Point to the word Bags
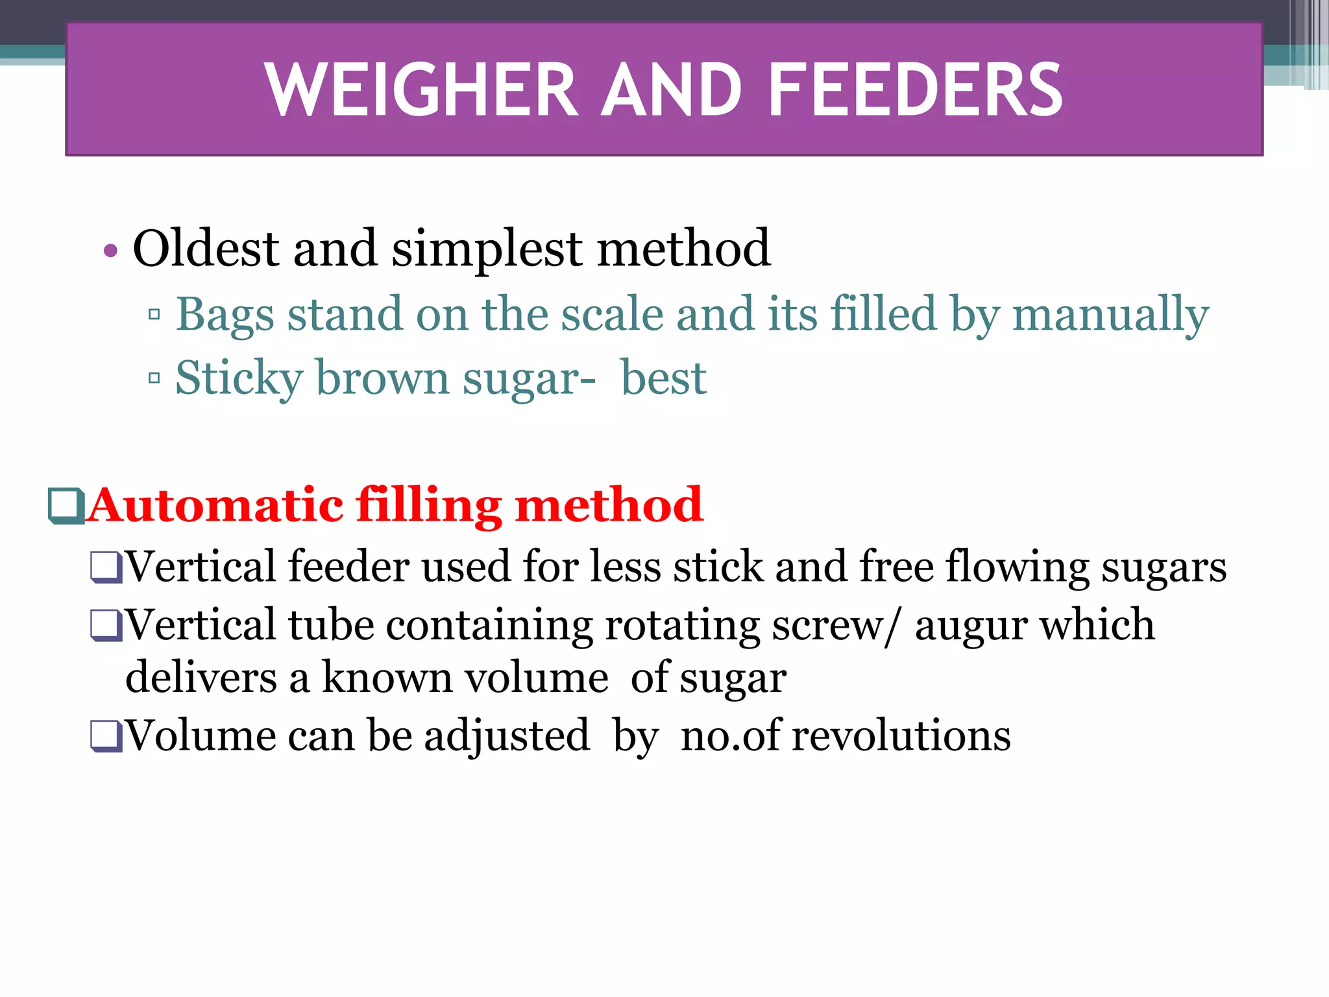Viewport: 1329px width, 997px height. point(225,315)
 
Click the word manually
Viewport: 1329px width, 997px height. point(1110,315)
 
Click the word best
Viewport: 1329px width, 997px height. point(663,378)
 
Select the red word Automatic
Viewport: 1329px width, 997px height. point(216,505)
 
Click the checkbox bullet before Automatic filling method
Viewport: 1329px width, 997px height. point(66,505)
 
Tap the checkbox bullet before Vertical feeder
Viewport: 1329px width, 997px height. point(106,567)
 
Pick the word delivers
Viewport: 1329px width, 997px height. point(201,677)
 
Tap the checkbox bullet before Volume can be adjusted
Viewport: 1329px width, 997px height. point(106,736)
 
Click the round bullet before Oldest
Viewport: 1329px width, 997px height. point(110,251)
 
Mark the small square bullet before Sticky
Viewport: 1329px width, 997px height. point(154,378)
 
